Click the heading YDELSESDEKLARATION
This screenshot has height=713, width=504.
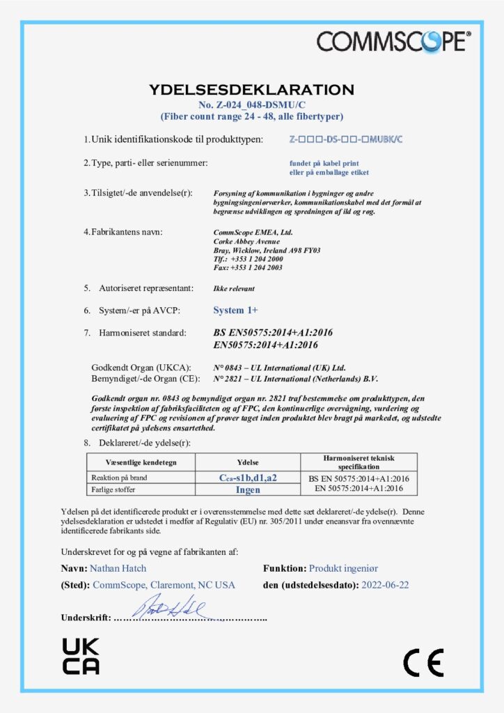251,89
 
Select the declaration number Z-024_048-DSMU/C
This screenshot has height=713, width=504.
251,104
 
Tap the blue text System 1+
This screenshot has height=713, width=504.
235,310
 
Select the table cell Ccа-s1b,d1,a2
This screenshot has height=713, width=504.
248,478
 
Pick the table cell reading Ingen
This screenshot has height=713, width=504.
248,489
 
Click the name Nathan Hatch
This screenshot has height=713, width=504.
118,568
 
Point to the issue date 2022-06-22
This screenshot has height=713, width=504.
385,585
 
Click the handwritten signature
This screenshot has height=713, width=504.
171,608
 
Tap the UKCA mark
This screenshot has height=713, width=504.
81,656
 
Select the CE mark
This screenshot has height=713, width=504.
423,662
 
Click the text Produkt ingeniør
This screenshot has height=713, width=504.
344,568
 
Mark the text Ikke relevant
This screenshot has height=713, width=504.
235,287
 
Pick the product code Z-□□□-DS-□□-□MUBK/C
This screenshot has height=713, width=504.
345,139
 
